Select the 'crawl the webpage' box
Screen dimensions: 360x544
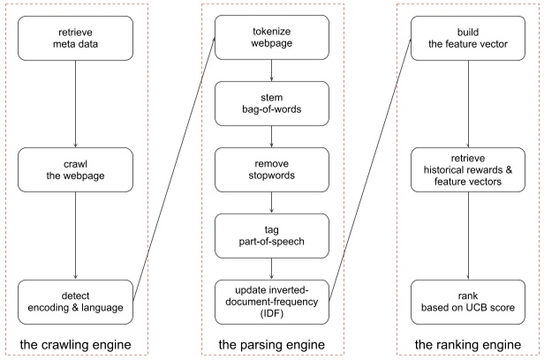(x=75, y=167)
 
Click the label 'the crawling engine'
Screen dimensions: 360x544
(x=75, y=341)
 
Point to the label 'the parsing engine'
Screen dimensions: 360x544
(x=272, y=341)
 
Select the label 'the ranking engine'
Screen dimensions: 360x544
(x=468, y=341)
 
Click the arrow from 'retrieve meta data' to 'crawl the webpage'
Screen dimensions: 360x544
(x=75, y=101)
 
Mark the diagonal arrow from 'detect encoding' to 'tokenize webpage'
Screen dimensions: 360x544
(x=173, y=167)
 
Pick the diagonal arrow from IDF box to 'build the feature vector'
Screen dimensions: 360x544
(x=370, y=167)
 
